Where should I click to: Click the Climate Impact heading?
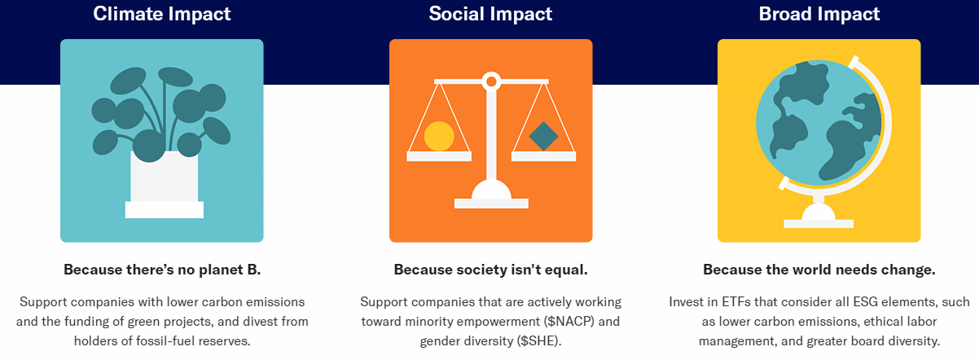coord(162,15)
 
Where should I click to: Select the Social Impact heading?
coord(490,15)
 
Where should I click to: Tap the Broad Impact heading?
coord(819,15)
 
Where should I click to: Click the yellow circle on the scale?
coord(439,136)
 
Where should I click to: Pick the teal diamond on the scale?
coord(543,136)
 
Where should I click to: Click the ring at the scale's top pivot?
coord(491,81)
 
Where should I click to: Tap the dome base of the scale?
coord(491,189)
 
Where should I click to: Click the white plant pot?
coord(165,177)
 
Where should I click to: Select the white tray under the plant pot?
coord(165,209)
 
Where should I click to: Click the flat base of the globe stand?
coord(819,224)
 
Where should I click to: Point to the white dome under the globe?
coord(819,212)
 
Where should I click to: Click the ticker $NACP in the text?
coord(569,322)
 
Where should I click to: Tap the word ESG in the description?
coord(865,302)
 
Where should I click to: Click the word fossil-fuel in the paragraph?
coord(165,340)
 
